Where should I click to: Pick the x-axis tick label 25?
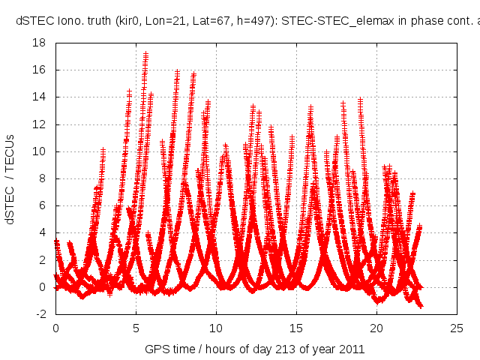tap(456, 328)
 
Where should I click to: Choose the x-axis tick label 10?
tap(216, 328)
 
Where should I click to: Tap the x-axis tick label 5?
tap(136, 328)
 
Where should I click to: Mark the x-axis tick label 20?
tap(376, 328)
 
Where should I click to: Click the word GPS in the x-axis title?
tap(156, 349)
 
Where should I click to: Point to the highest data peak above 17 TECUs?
tap(145, 54)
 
